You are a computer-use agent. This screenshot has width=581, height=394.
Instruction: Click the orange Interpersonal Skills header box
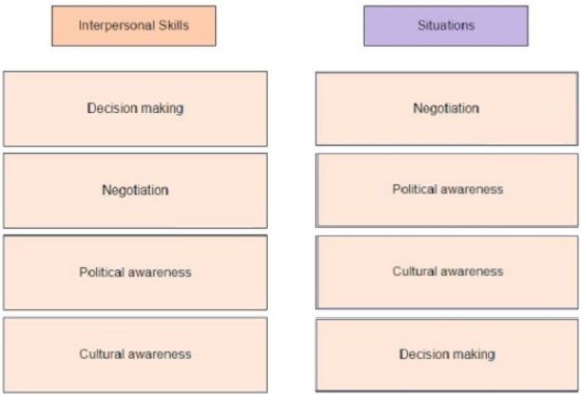pos(134,26)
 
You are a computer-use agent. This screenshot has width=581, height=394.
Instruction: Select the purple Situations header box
pos(446,26)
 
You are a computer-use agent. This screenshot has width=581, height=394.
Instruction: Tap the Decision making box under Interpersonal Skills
pos(135,109)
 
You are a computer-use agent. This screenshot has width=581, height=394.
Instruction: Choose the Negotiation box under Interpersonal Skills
pos(135,191)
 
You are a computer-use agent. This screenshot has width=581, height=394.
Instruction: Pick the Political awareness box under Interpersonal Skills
pos(135,273)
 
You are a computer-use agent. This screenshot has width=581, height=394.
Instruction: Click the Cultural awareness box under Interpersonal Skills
pos(135,355)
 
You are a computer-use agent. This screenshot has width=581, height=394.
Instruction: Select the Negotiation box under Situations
pos(446,109)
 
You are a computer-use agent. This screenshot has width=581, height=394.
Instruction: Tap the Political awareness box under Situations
pos(447,190)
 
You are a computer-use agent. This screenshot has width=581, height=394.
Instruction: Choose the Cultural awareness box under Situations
pos(447,272)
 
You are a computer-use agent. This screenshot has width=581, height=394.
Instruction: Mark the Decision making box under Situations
pos(447,355)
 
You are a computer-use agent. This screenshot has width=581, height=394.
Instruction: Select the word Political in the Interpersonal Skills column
pos(101,272)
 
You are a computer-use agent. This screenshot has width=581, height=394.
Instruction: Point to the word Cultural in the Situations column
pos(415,271)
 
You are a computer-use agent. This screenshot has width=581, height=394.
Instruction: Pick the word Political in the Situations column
pos(415,189)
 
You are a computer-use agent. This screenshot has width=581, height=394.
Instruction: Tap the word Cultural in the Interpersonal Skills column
pos(101,354)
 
